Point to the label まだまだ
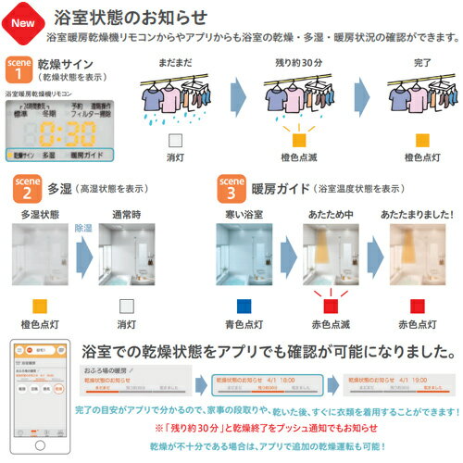tap(175, 63)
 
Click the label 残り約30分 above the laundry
tap(298, 63)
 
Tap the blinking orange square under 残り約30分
tap(298, 140)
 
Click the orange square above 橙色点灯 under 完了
tap(422, 140)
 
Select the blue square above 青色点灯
tap(244, 303)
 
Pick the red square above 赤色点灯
tap(419, 303)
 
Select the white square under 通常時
tap(106, 303)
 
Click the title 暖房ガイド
tap(275, 189)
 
